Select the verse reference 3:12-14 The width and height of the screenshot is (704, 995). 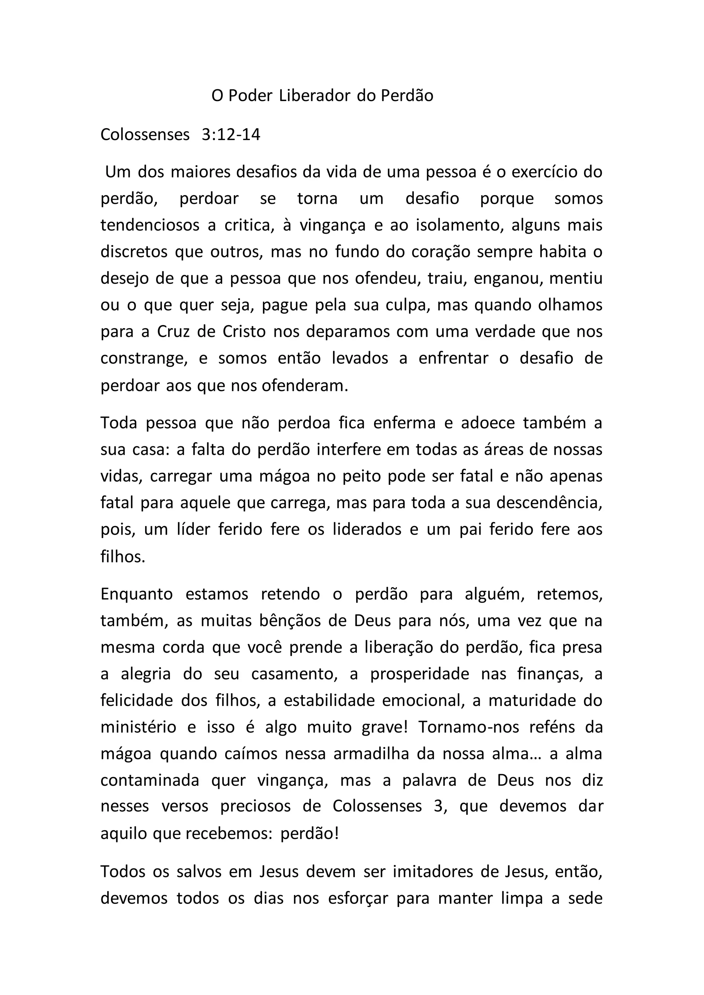click(x=231, y=135)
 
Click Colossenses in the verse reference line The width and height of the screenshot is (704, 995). click(x=145, y=135)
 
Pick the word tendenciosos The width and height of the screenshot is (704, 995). click(x=150, y=225)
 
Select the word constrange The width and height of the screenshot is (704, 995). click(x=143, y=359)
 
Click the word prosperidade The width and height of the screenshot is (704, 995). click(x=419, y=674)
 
